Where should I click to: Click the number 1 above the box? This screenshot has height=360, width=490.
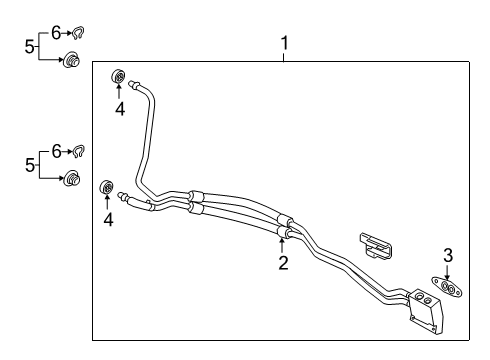pos(285,43)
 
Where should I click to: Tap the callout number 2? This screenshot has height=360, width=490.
pos(283,263)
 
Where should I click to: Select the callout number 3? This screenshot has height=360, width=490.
pos(448,255)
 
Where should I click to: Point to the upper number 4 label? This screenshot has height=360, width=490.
pos(119,108)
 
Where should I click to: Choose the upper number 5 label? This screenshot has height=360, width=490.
pos(30,45)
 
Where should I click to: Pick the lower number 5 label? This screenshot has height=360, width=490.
pos(30,164)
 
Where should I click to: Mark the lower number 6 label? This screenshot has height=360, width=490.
pos(56,151)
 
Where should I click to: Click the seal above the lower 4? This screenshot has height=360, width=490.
pos(106,189)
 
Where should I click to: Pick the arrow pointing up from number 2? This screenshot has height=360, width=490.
pos(283,243)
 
